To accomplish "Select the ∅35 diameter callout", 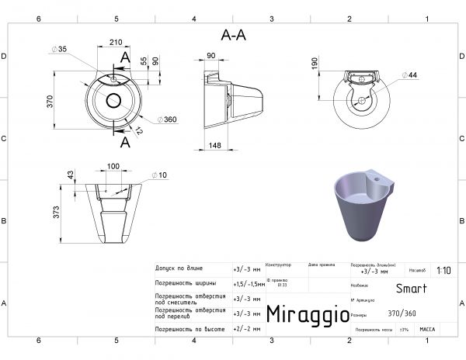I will pyautogui.click(x=59, y=50).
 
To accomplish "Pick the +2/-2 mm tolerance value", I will pyautogui.click(x=246, y=329).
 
